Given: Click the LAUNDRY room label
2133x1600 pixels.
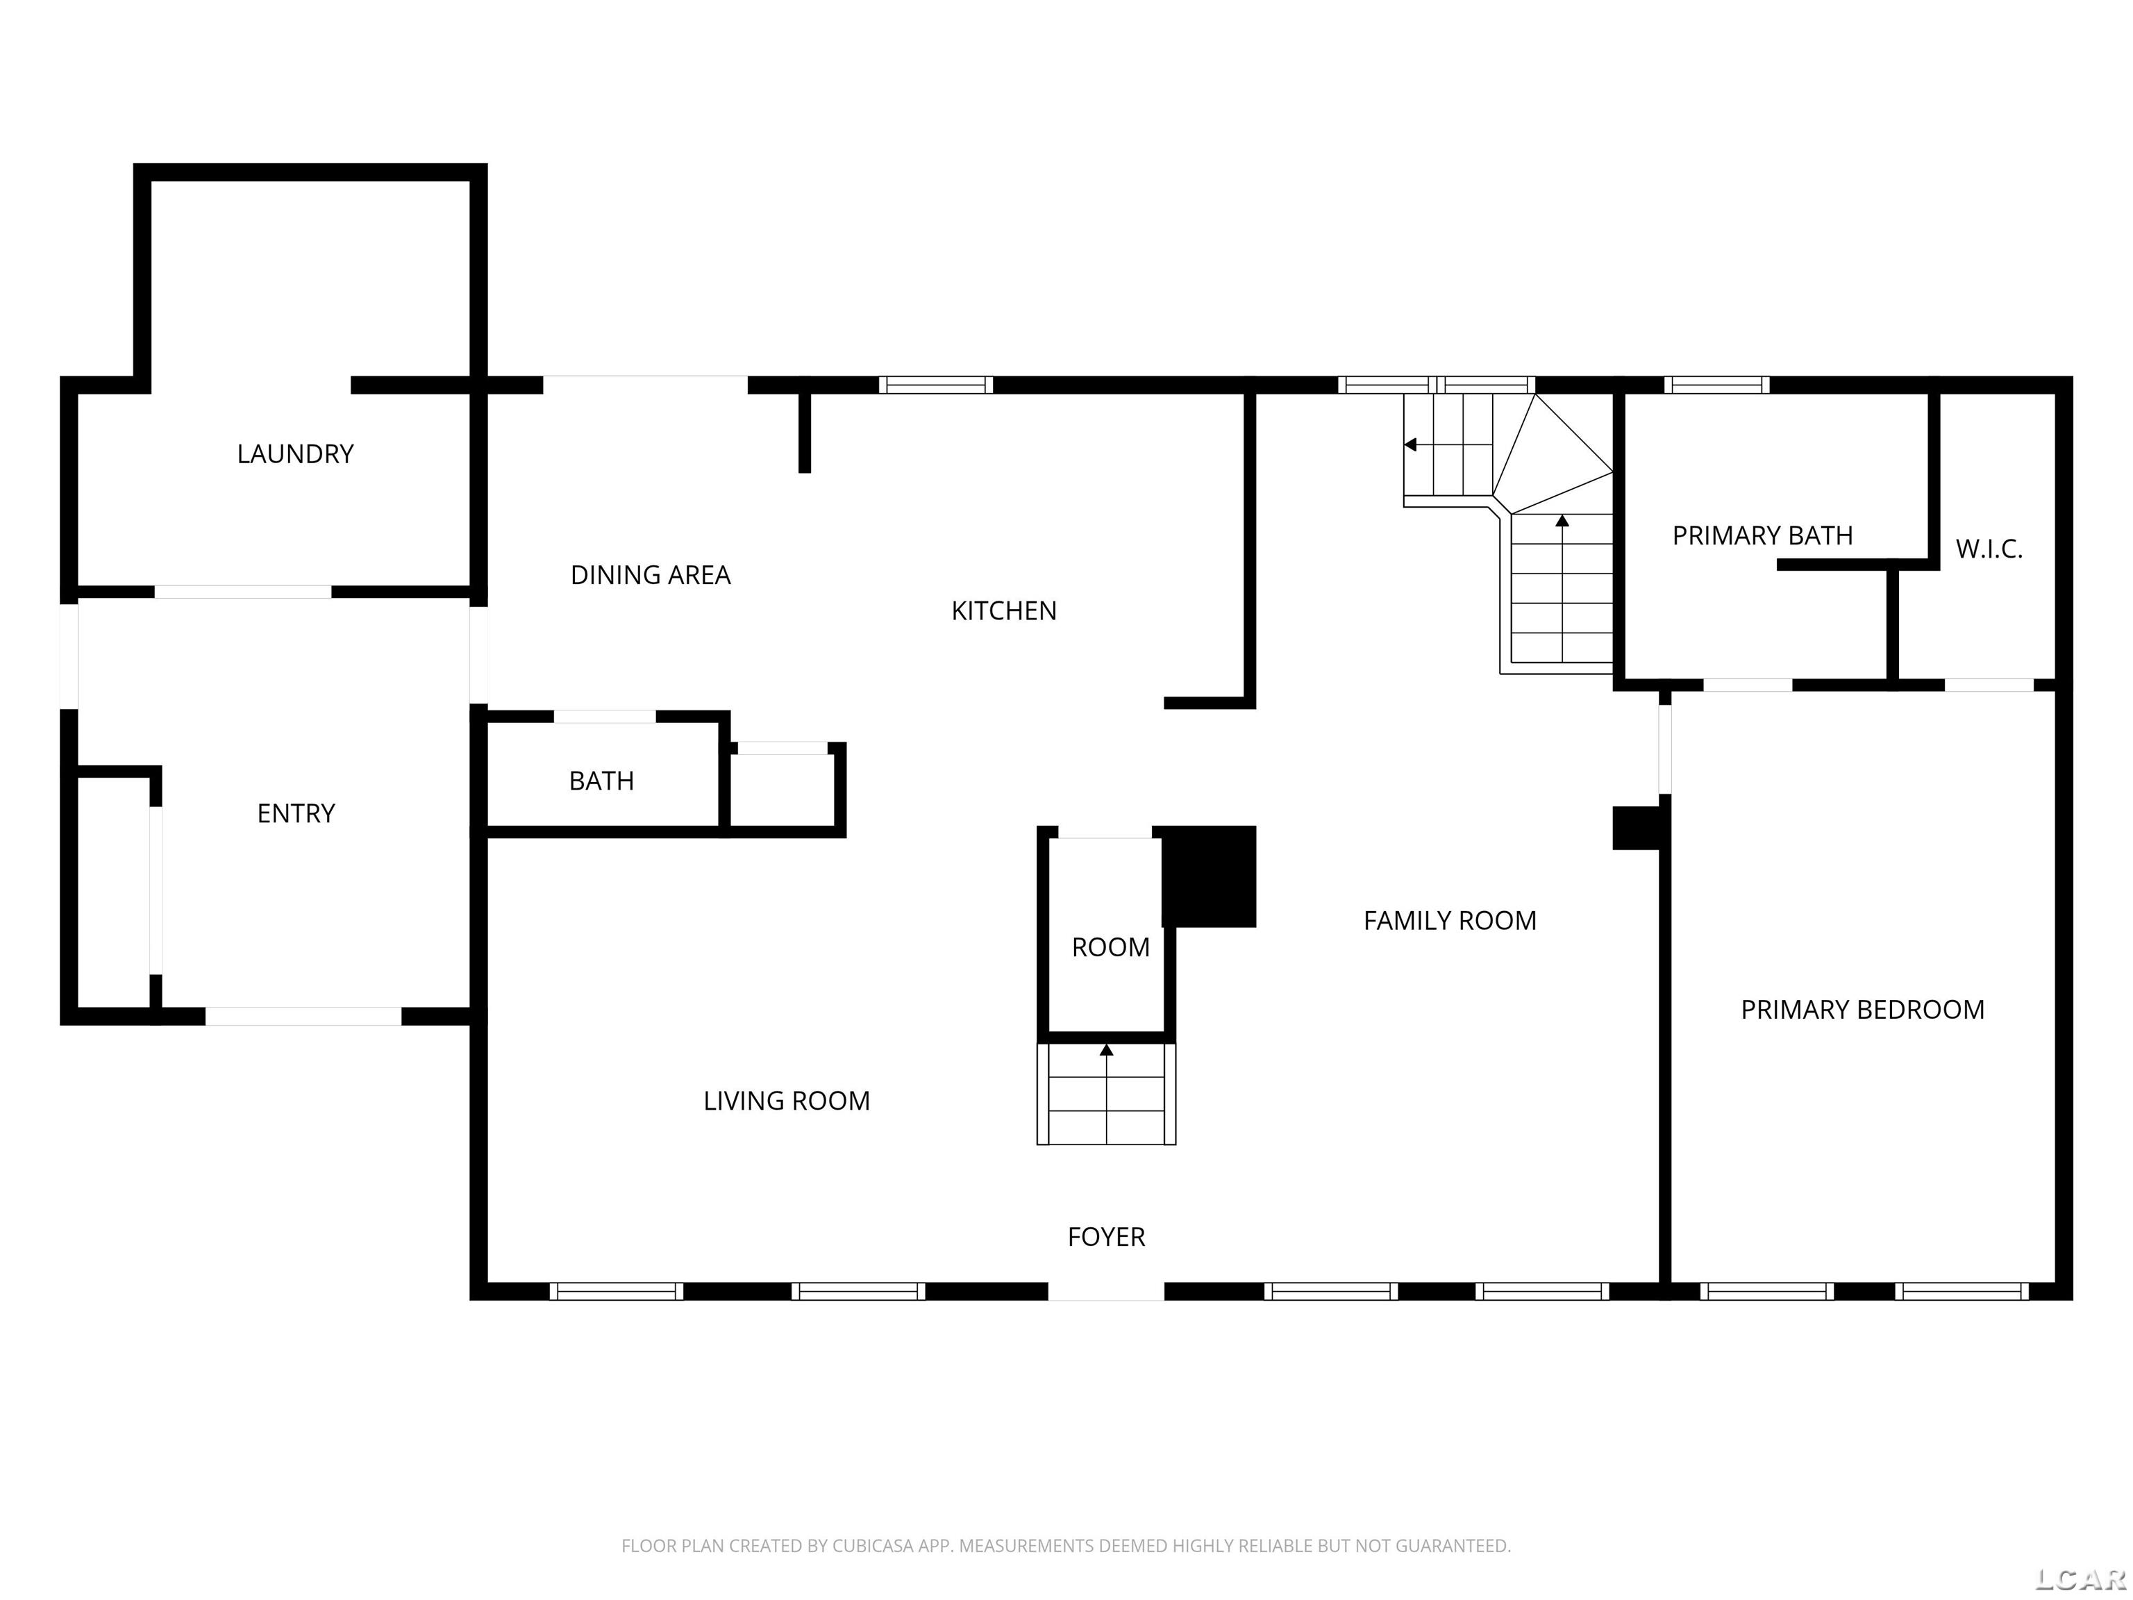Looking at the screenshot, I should [x=295, y=453].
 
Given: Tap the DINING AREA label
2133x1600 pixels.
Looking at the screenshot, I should [x=650, y=575].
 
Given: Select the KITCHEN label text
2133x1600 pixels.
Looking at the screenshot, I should [x=1004, y=610].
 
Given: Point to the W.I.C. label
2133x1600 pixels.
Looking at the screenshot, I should [x=1989, y=549].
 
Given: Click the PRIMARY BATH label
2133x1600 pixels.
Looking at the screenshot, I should [x=1762, y=535].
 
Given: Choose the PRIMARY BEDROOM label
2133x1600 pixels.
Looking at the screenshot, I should [x=1862, y=1010].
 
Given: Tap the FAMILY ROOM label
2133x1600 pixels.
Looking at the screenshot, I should [x=1449, y=920].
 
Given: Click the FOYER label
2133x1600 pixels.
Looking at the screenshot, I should [x=1106, y=1236].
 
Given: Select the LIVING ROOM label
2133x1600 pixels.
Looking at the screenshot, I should [x=786, y=1101].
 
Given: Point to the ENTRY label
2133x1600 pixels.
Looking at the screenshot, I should [x=296, y=813].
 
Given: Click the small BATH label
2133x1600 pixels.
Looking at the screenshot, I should [x=601, y=781].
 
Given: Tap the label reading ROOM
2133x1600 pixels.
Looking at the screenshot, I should [x=1110, y=947].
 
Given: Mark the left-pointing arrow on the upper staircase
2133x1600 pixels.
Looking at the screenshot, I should [x=1411, y=444].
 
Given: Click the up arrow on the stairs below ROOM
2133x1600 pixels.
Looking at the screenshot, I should [x=1106, y=1050].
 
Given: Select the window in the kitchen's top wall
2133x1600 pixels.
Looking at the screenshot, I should [x=935, y=385].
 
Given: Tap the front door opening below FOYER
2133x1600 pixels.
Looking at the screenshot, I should [x=1106, y=1290].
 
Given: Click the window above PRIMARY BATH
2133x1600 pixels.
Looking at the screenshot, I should [x=1716, y=385].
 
